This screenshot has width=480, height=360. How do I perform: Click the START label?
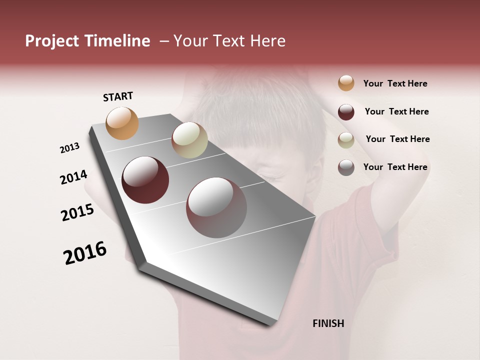pos(118,96)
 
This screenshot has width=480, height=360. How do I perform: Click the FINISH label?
pos(328,323)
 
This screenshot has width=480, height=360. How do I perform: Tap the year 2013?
pos(69,148)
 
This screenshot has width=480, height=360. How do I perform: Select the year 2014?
pos(73,177)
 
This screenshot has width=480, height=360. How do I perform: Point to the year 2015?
pos(77,212)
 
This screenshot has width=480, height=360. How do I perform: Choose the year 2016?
pos(85,253)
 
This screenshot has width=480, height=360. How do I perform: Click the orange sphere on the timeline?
pos(122,123)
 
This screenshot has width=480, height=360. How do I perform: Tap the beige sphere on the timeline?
pos(189,140)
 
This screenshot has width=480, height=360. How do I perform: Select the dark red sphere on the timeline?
pos(145,180)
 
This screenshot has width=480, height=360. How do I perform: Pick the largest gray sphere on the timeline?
pos(216,207)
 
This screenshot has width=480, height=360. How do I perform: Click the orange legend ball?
pos(346,83)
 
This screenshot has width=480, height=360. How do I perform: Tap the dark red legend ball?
pos(346,112)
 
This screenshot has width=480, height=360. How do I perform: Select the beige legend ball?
pos(346,140)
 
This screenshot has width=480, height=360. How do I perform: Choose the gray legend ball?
pos(346,167)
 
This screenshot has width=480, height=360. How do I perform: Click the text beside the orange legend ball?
pos(395,84)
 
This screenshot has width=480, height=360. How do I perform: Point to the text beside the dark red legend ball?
pos(397,111)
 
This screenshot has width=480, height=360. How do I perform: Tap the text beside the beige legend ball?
pos(398,139)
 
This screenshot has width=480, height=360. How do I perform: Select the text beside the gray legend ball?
pos(395,167)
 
